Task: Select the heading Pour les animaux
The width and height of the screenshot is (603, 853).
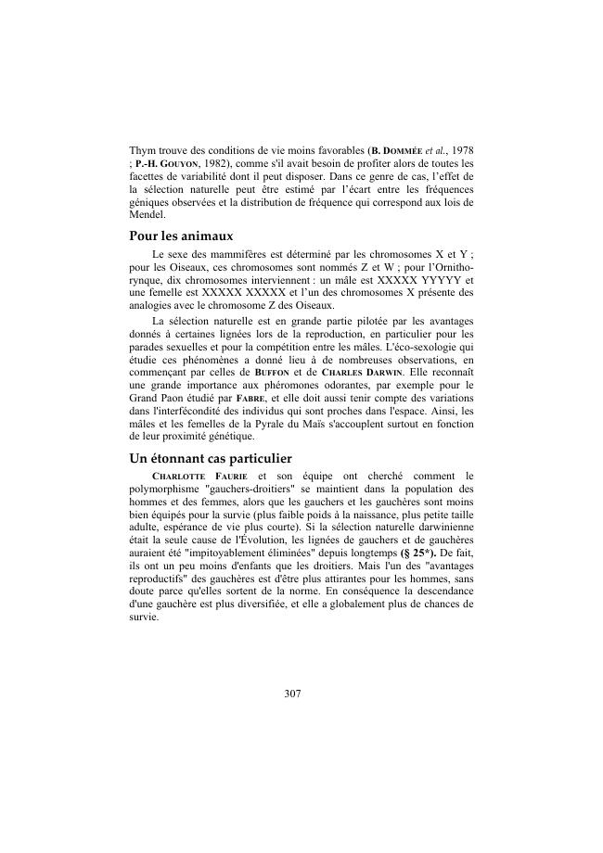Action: point(180,236)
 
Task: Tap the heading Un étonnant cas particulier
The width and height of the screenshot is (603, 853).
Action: point(211,458)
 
